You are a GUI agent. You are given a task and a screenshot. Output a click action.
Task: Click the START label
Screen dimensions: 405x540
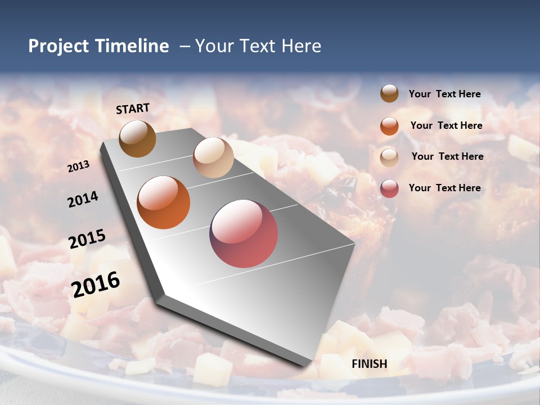133,109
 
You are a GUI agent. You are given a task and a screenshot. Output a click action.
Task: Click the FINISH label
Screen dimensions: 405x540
369,364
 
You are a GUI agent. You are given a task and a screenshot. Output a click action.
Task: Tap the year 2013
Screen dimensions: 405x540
78,166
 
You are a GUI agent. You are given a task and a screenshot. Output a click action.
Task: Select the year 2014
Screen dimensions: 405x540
83,200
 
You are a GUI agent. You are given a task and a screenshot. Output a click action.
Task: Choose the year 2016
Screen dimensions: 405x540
96,285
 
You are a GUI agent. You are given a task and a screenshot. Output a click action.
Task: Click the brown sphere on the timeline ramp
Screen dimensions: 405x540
137,139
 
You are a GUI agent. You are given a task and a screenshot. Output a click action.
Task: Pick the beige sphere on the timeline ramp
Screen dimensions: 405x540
213,157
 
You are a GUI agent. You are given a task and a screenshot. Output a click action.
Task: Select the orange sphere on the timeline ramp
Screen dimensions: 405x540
164,202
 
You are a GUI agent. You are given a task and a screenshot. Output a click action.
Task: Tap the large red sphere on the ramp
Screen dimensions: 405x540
244,233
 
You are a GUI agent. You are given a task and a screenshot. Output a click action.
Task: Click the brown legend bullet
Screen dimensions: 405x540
389,93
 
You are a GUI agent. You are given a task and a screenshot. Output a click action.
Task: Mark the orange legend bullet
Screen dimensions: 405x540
389,126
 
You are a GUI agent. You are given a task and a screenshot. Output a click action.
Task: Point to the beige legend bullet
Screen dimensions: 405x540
389,157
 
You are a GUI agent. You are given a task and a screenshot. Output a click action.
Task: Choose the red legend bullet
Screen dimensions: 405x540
389,188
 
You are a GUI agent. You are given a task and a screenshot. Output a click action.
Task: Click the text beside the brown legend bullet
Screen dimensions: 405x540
444,94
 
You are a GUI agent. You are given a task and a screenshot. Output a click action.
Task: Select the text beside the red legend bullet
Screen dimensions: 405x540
444,188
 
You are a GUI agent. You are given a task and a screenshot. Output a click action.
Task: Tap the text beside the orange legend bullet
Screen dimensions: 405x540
446,125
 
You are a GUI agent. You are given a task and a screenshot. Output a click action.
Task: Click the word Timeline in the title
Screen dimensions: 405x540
132,46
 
